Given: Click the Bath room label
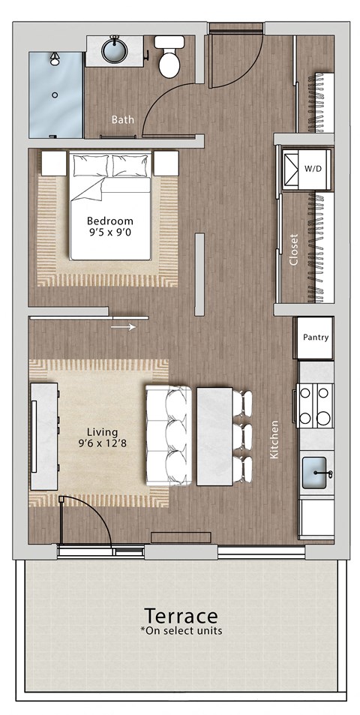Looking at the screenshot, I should click(x=122, y=119).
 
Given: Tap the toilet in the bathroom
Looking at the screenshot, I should click(x=169, y=59).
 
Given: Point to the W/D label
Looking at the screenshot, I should click(x=313, y=169).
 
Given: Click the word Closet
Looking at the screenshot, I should click(x=293, y=250).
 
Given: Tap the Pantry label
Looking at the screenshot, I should click(x=315, y=338).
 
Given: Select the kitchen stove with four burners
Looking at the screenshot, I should click(x=315, y=405).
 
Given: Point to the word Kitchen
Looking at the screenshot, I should click(x=274, y=440).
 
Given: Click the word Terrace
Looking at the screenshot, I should click(x=181, y=617).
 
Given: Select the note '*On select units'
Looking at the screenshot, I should click(x=181, y=631).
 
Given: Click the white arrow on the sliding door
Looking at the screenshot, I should click(x=124, y=326).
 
